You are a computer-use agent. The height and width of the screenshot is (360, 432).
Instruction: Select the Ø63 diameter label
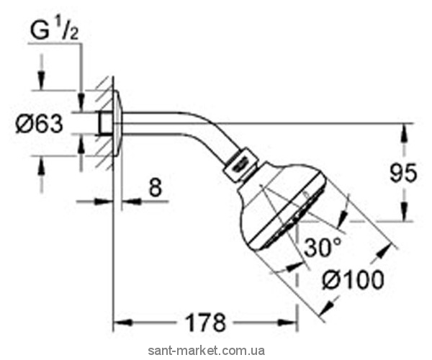[39, 124]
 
